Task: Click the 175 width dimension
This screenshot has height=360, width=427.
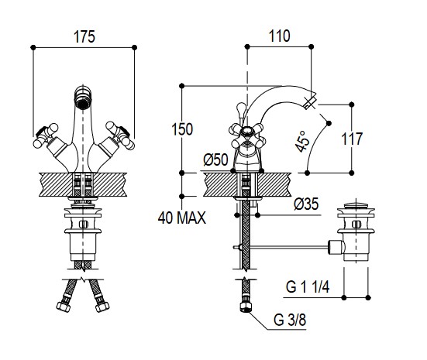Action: [84, 37]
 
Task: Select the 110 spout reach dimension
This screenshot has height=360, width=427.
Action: [280, 36]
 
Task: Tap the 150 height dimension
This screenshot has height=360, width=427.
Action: [182, 129]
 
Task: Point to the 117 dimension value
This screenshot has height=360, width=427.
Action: [352, 139]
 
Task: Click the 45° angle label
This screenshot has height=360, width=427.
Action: [302, 142]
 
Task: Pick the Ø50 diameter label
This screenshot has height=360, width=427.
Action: [215, 159]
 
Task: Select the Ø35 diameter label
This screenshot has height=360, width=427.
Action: [306, 204]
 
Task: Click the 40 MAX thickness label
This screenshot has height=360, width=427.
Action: [182, 218]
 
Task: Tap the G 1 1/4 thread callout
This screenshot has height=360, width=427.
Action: [308, 286]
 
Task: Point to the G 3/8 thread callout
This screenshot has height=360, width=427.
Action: [290, 320]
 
